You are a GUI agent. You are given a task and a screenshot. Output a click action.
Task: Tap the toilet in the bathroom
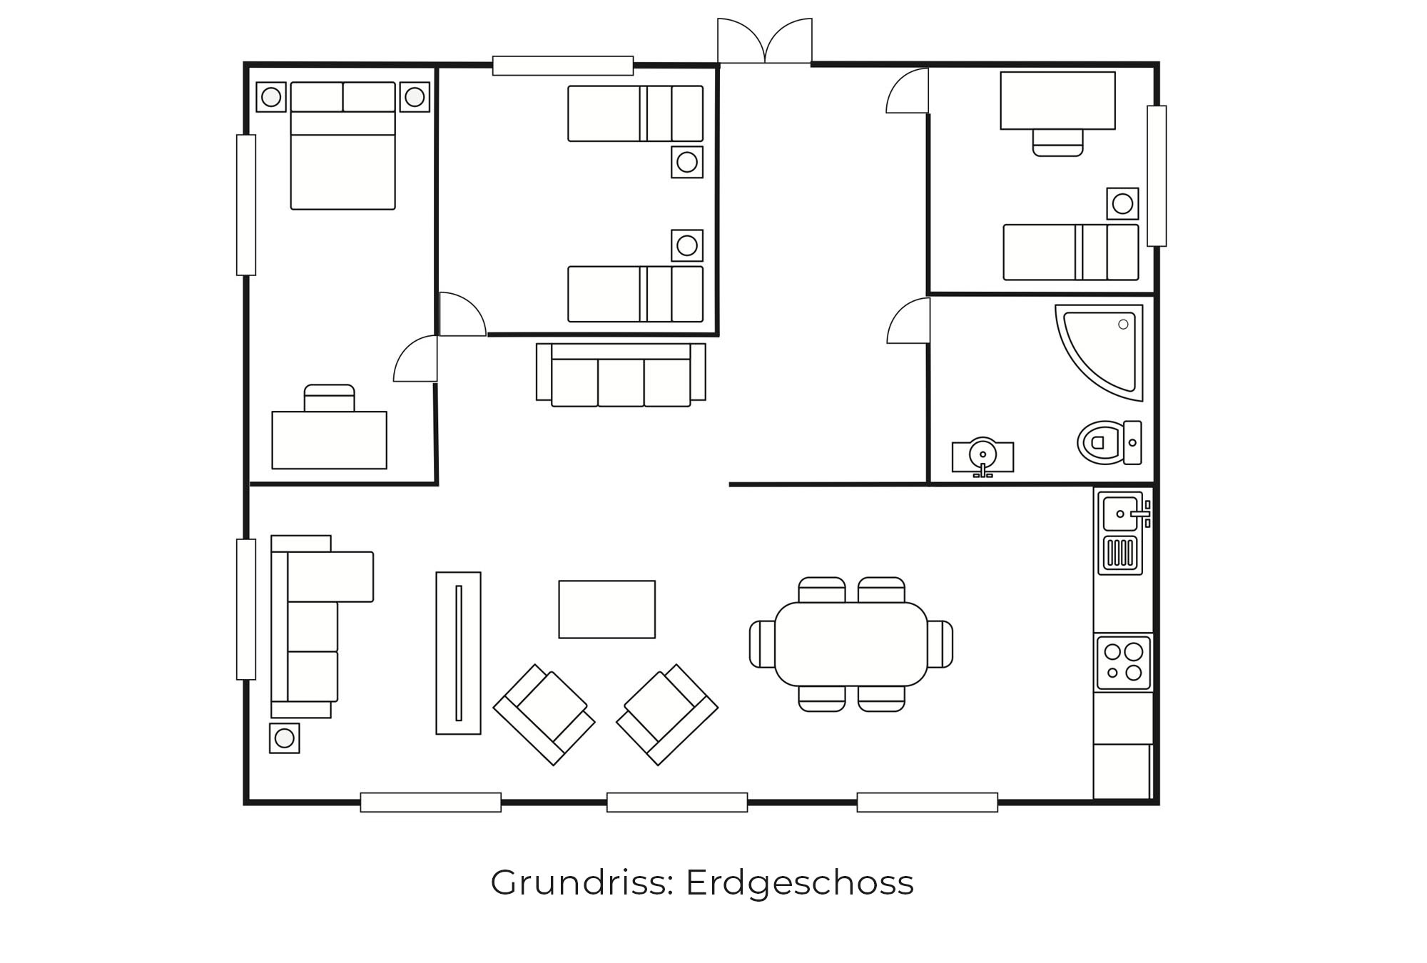[x=1109, y=442]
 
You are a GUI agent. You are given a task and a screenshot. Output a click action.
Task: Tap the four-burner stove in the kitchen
[x=1123, y=663]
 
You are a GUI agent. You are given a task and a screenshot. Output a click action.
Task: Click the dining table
[x=851, y=644]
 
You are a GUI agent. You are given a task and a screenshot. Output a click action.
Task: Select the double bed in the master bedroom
[x=343, y=146]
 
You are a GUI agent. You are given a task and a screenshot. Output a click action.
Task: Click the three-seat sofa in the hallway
[x=621, y=375]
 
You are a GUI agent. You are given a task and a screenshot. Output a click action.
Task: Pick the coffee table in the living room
[x=607, y=609]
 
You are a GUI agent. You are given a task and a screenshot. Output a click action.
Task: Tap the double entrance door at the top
[x=765, y=41]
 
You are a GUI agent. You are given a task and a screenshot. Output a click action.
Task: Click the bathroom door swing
[x=908, y=320]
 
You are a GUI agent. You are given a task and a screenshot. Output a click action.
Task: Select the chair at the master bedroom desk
[x=330, y=398]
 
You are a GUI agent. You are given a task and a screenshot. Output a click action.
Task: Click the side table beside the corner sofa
[x=285, y=738]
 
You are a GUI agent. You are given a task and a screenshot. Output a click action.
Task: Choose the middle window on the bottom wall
[x=677, y=802]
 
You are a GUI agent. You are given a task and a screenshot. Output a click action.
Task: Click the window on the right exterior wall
[x=1157, y=176]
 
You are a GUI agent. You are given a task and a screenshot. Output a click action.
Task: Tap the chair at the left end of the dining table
[x=762, y=644]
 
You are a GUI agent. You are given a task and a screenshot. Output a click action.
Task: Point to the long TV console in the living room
[x=459, y=653]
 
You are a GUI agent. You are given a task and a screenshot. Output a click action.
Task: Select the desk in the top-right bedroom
[x=1058, y=101]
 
